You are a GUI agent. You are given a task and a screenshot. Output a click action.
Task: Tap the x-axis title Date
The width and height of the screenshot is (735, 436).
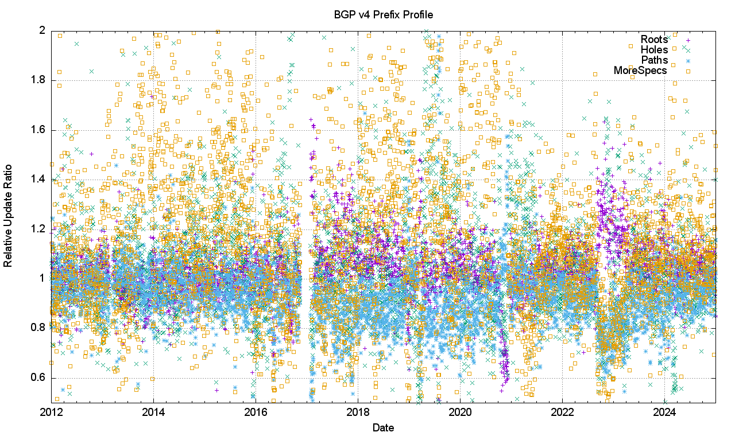pyautogui.click(x=383, y=427)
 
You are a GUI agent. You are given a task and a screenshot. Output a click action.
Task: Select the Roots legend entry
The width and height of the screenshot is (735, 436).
pyautogui.click(x=655, y=40)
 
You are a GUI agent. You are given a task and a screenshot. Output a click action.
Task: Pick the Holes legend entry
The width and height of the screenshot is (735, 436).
pyautogui.click(x=655, y=50)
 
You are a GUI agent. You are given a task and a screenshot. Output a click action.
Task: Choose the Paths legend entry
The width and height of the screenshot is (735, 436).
pyautogui.click(x=655, y=60)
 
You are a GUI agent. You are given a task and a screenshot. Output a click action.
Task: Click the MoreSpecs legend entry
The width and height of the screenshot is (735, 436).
pyautogui.click(x=641, y=71)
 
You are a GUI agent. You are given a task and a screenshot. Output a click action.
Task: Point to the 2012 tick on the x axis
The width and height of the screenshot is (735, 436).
pyautogui.click(x=52, y=412)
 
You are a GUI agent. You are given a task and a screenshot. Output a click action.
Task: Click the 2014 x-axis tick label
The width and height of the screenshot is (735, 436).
pyautogui.click(x=154, y=412)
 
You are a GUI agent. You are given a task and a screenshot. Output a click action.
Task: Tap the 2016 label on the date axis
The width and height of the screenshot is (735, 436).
pyautogui.click(x=256, y=412)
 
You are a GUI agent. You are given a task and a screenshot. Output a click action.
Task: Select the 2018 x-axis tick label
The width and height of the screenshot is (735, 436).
pyautogui.click(x=358, y=412)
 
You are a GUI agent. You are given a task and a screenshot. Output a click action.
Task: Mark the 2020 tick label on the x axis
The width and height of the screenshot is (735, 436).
pyautogui.click(x=460, y=412)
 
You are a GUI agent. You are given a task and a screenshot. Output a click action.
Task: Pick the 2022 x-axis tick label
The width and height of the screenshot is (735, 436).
pyautogui.click(x=562, y=412)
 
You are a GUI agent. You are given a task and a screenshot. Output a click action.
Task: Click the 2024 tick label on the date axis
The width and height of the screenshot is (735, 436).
pyautogui.click(x=664, y=412)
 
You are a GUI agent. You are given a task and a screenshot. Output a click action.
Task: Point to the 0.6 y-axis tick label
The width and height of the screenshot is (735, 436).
pyautogui.click(x=38, y=377)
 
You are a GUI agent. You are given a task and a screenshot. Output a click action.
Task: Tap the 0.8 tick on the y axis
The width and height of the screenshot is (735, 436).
pyautogui.click(x=38, y=328)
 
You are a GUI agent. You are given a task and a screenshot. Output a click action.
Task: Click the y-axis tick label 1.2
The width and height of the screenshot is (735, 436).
pyautogui.click(x=38, y=229)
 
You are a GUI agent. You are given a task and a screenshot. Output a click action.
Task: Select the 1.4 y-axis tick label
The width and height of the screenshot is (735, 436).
pyautogui.click(x=38, y=179)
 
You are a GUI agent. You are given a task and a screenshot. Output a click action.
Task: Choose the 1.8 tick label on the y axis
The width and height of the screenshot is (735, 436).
pyautogui.click(x=38, y=80)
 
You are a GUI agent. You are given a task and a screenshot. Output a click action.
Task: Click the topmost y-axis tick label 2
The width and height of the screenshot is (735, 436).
pyautogui.click(x=42, y=30)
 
